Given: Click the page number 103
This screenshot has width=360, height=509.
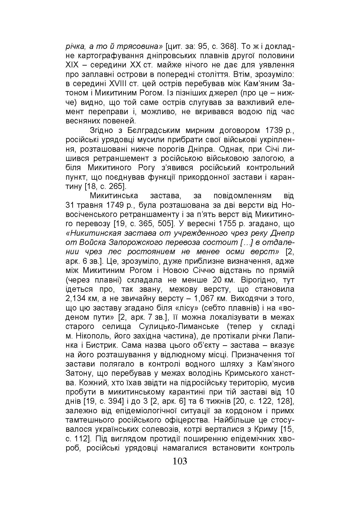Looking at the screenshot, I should point(180,461).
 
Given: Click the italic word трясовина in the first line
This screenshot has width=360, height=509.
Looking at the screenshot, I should point(137,47).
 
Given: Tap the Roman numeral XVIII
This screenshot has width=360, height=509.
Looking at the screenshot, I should point(121,84).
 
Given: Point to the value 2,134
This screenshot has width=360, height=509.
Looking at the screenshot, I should point(75,299).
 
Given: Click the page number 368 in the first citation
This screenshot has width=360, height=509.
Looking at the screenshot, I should point(225,47).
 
